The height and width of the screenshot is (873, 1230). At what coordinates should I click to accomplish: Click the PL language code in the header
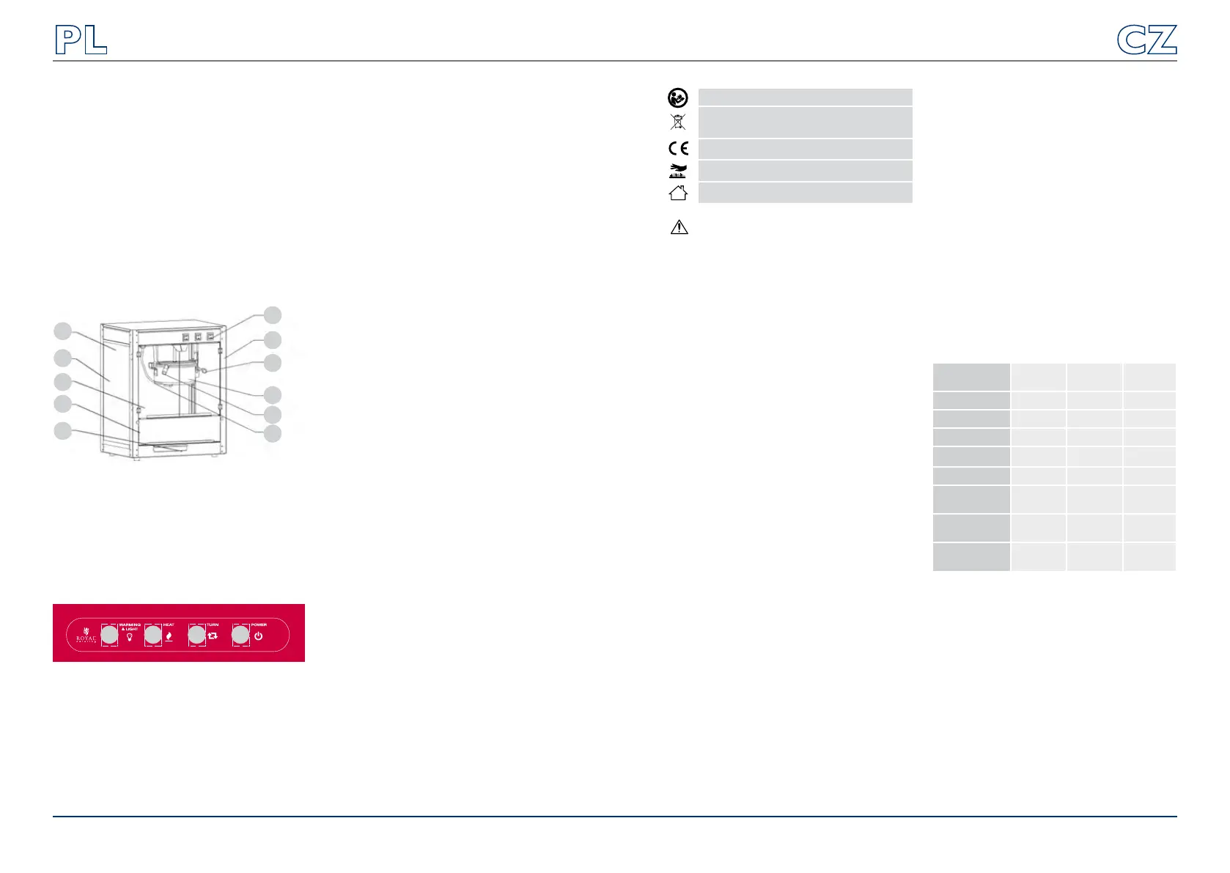coord(81,40)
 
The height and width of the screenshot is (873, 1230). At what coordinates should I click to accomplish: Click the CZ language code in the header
coord(1146,40)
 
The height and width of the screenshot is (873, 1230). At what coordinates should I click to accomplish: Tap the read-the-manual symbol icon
coord(678,97)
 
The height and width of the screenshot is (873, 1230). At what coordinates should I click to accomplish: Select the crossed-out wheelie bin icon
coord(678,122)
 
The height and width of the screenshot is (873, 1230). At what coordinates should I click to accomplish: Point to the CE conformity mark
coord(678,149)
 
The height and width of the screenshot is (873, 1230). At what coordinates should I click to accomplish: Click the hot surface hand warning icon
coord(678,171)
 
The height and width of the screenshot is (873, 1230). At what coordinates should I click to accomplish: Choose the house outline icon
coord(678,193)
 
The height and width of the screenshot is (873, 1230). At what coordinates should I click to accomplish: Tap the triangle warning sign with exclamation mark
coord(679,227)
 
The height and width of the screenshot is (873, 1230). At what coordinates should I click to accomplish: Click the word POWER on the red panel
coord(259,625)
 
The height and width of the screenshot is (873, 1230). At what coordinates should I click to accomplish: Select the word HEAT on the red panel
coord(169,625)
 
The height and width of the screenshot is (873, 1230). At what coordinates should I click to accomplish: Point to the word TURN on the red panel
coord(213,625)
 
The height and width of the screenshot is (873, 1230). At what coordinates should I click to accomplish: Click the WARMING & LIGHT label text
coord(130,627)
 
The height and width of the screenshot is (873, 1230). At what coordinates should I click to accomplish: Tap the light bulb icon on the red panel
coord(130,637)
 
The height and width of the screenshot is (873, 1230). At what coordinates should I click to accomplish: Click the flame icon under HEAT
coord(169,636)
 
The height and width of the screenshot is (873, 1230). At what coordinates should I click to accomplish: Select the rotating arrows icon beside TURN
coord(213,636)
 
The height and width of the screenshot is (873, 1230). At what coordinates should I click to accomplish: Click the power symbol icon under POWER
coord(259,636)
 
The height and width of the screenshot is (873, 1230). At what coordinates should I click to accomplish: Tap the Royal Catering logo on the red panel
coord(86,636)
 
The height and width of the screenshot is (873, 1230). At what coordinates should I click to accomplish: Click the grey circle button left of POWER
coord(240,636)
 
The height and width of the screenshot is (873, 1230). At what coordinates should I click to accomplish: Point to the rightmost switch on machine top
coord(211,338)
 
